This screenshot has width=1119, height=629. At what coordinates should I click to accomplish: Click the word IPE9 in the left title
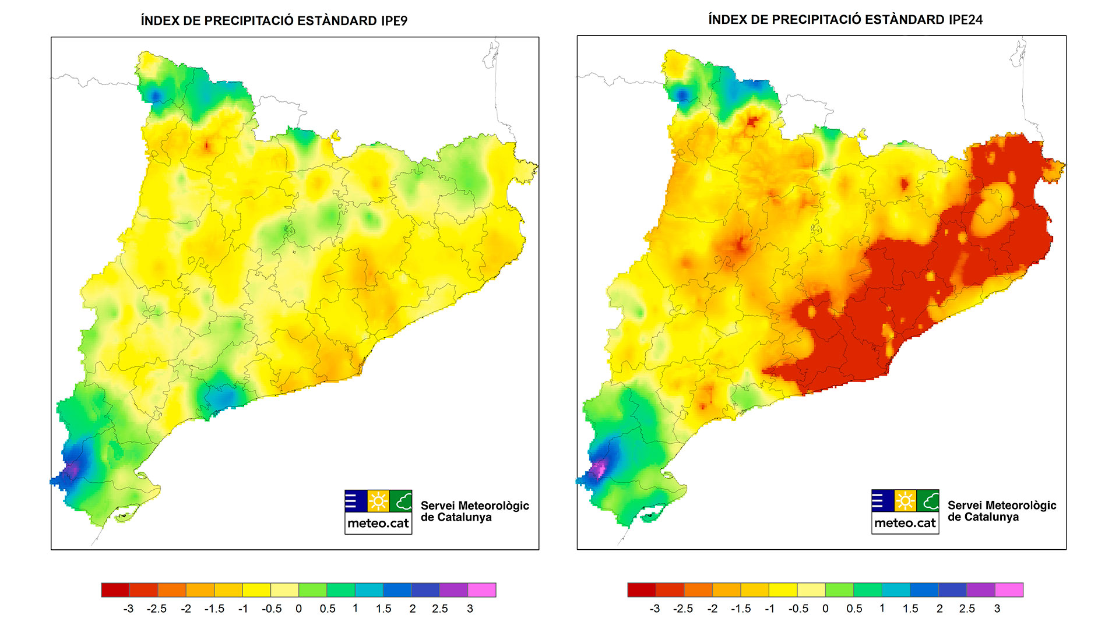click(394, 21)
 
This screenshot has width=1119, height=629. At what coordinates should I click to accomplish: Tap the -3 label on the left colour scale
click(128, 609)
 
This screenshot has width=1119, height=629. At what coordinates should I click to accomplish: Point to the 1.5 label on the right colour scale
click(910, 609)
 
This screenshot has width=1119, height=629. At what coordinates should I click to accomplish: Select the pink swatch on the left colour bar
click(481, 590)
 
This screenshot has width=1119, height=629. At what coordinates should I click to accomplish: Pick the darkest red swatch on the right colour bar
click(641, 590)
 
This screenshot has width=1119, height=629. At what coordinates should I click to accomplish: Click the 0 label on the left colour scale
click(299, 609)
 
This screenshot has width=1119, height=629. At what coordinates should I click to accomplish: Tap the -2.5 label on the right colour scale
click(682, 609)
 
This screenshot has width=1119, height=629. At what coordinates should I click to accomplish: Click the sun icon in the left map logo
click(378, 501)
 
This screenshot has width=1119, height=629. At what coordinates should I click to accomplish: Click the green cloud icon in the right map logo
click(928, 501)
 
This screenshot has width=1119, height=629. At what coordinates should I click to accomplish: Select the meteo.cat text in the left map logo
click(378, 523)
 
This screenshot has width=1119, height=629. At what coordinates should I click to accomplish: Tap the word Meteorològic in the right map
click(1002, 505)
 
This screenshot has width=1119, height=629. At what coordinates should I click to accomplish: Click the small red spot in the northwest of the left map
click(207, 145)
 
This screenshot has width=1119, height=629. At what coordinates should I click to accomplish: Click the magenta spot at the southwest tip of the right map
click(598, 468)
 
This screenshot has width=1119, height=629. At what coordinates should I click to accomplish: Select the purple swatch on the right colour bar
click(980, 590)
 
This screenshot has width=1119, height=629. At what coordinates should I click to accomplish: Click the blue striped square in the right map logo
click(882, 501)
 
